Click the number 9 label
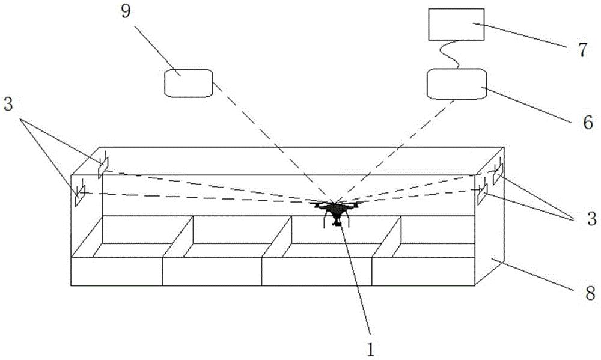(x=126, y=11)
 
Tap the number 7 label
(x=582, y=50)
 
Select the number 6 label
(x=588, y=122)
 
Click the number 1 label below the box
(x=371, y=350)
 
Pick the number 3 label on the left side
(x=8, y=105)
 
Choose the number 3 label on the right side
(x=592, y=219)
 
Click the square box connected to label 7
(x=456, y=25)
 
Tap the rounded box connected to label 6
(x=457, y=84)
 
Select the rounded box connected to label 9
(x=189, y=83)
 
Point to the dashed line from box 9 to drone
(x=273, y=142)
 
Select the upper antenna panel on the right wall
(x=498, y=174)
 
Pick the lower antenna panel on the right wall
(x=482, y=194)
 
